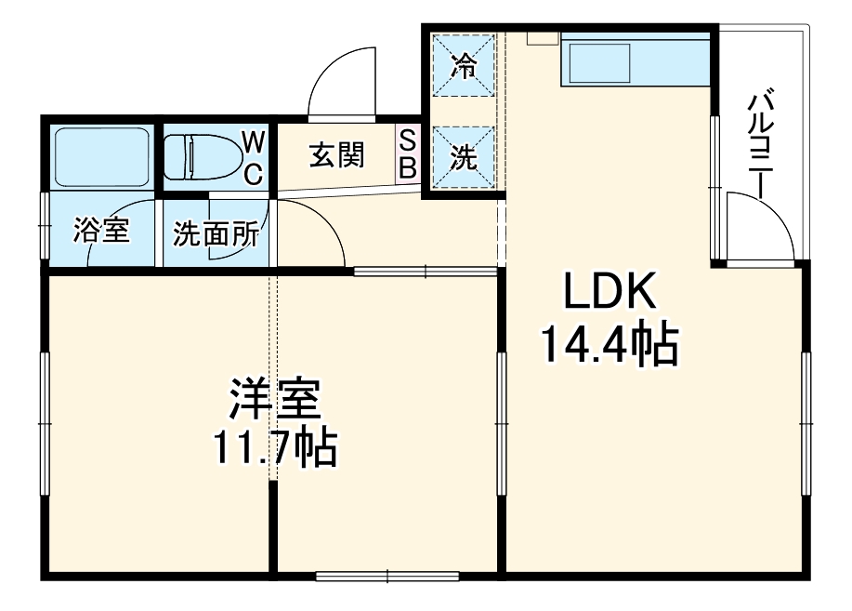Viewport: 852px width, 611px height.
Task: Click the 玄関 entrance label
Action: point(335,156)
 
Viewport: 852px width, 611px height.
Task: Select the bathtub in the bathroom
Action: point(102,156)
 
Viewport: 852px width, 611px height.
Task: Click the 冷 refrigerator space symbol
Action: point(463,65)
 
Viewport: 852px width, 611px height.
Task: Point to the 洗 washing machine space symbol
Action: point(463,158)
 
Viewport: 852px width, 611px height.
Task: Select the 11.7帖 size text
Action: point(275,448)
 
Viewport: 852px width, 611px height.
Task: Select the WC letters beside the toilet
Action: point(253,155)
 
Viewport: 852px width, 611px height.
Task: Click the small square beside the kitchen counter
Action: point(541,38)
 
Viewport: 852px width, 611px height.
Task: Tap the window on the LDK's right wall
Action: point(806,418)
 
